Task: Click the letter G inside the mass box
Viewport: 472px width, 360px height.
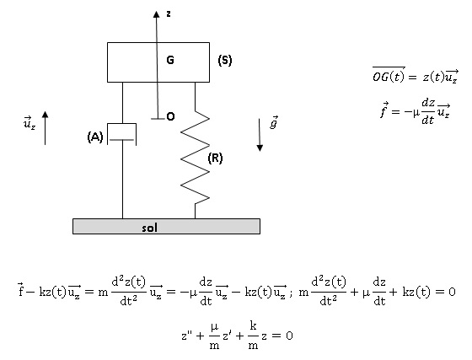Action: click(170, 60)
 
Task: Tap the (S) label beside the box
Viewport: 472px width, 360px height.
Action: click(225, 61)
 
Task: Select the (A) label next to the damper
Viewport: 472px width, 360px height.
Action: click(95, 137)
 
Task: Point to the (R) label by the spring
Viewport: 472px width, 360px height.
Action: click(215, 158)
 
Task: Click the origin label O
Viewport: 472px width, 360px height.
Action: click(170, 116)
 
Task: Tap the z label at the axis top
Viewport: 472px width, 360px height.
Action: click(169, 13)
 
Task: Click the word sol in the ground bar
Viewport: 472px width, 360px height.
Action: click(150, 228)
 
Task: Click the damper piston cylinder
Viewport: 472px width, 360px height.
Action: click(122, 134)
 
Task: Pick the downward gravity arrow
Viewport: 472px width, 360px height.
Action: click(260, 135)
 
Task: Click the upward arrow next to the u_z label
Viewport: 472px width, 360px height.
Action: click(46, 128)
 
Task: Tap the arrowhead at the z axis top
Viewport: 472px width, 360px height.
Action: click(156, 14)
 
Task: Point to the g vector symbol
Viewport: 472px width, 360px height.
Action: click(274, 122)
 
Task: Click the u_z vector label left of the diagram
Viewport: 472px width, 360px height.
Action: click(29, 123)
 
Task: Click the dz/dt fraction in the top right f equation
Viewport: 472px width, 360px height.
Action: click(428, 111)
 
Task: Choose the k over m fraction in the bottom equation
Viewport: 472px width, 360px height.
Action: click(253, 336)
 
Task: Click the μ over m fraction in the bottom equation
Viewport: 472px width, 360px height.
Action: click(214, 336)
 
